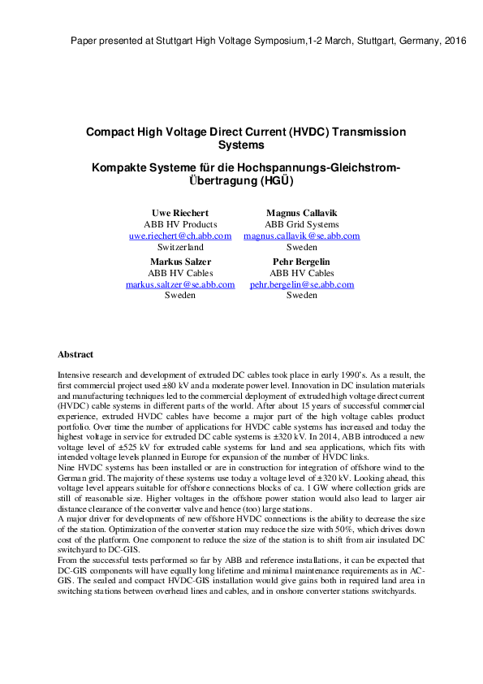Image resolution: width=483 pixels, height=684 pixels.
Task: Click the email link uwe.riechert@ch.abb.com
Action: click(x=180, y=236)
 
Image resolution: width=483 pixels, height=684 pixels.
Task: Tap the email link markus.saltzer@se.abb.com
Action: click(x=180, y=284)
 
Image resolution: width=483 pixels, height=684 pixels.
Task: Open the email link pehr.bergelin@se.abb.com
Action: click(x=302, y=284)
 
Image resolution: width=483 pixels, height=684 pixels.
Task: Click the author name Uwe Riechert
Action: click(x=180, y=213)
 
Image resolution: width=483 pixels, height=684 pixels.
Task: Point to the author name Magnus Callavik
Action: click(x=302, y=213)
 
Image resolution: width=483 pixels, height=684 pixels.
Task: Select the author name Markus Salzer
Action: click(x=180, y=262)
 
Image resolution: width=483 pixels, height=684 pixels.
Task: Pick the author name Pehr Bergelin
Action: click(x=302, y=262)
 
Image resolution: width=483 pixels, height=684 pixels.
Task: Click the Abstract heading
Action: click(x=75, y=354)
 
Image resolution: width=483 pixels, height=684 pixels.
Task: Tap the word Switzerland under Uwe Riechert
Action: click(x=180, y=247)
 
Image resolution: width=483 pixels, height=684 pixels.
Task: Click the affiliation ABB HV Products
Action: click(x=180, y=224)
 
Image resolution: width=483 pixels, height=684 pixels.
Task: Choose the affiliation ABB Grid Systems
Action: click(x=302, y=224)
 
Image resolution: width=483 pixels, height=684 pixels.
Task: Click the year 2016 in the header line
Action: click(x=455, y=41)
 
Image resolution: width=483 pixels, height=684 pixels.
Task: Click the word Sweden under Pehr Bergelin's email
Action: click(x=302, y=296)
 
